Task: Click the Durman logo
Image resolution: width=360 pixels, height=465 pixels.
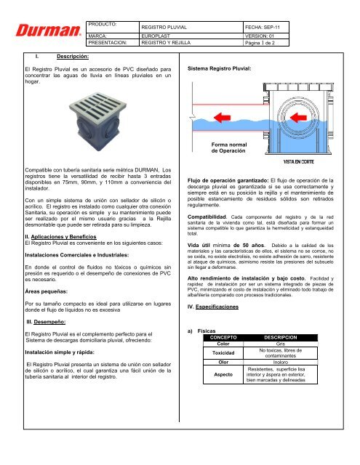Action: (x=44, y=32)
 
